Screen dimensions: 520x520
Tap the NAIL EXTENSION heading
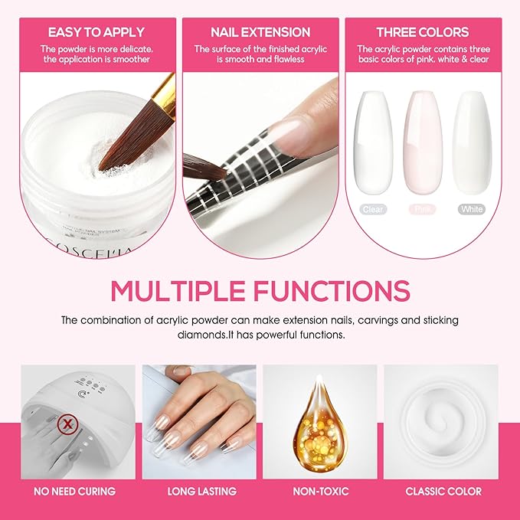tap(260, 32)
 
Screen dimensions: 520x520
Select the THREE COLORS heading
tap(422, 32)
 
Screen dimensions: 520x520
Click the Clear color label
tap(374, 209)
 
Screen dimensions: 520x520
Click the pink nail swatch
tap(422, 142)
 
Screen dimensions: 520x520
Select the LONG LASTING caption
tap(198, 491)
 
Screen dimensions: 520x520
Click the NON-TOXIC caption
tap(320, 491)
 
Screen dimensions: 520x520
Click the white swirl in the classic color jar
tap(441, 420)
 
